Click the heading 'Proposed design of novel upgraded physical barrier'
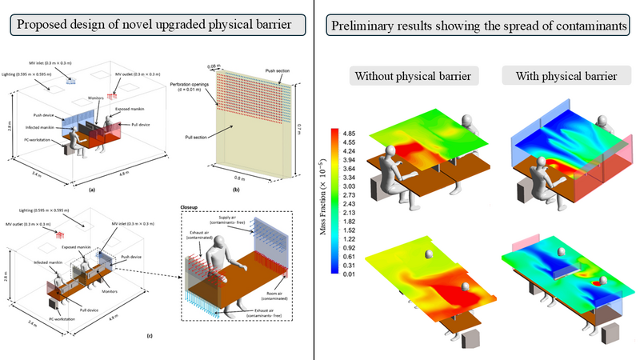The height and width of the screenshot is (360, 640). (158, 25)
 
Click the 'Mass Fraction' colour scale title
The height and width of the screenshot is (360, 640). (323, 201)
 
